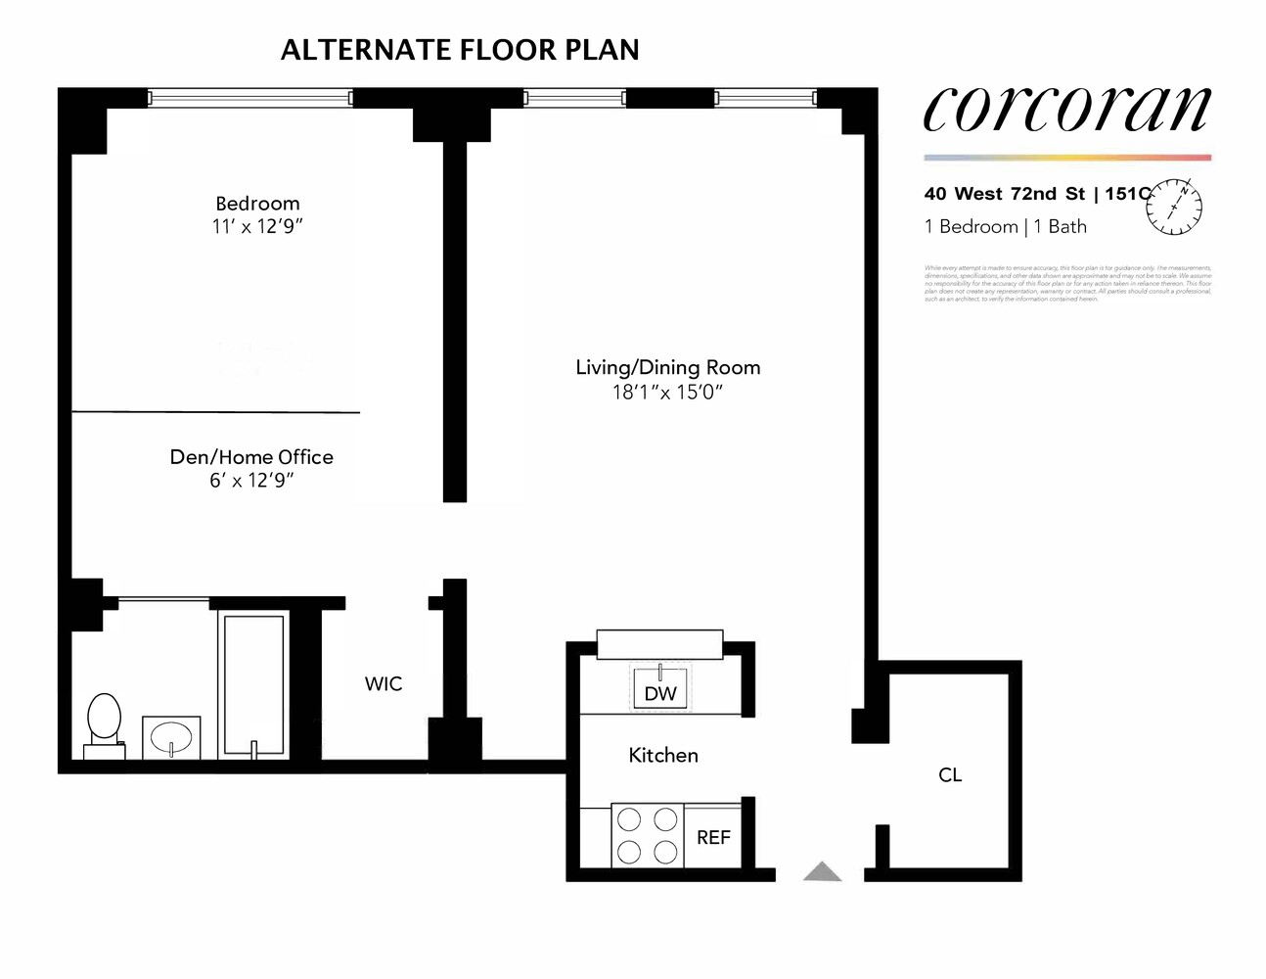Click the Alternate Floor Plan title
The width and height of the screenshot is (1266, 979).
coord(460,50)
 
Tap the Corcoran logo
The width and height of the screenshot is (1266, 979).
coord(1066,108)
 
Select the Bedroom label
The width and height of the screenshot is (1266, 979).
coord(257,204)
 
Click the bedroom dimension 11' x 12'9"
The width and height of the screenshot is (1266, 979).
coord(257,226)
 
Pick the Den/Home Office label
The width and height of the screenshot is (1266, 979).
coord(251,457)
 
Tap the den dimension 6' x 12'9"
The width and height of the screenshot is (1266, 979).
coord(251,481)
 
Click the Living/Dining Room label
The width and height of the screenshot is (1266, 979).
coord(667,367)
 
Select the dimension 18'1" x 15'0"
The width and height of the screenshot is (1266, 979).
coord(667,393)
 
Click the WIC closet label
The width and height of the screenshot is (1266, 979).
coord(384,684)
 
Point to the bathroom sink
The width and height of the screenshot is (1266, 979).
coord(171,737)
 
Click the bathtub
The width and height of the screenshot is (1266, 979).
coord(253,684)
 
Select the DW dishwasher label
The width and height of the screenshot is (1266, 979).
coord(660,694)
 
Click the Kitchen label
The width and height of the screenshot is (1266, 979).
coord(663,756)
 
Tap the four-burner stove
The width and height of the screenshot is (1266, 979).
coord(647,835)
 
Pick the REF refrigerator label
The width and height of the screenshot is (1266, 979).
coord(713,838)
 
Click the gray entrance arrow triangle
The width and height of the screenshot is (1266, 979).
coord(823,871)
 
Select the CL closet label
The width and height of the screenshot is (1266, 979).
coord(950,775)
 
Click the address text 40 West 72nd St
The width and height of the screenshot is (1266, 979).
coord(1005,194)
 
